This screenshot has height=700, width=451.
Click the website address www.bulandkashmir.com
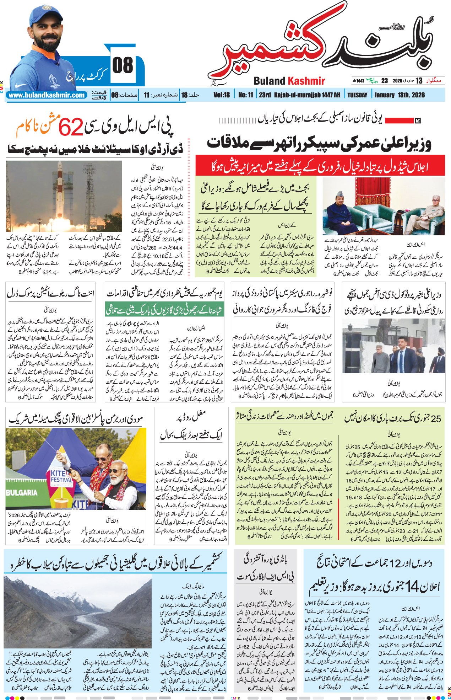pos(47,95)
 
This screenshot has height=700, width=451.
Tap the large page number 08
pos(123,66)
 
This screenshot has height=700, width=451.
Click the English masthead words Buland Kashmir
pos(289,81)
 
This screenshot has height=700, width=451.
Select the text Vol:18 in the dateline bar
pos(222,95)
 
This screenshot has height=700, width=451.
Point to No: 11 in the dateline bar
pos(245,95)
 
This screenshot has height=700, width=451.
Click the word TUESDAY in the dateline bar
pos(357,95)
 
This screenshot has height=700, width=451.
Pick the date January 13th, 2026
pos(399,95)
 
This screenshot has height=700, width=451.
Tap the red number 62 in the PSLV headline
pos(71,127)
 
